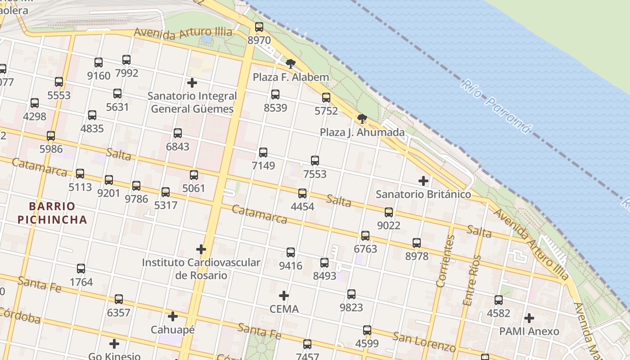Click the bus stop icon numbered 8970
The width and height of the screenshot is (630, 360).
[x=259, y=27]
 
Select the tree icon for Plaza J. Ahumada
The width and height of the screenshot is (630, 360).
[x=362, y=119]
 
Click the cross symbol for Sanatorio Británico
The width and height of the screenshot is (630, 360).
[x=423, y=181]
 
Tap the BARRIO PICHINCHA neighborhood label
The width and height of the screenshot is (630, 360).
[x=58, y=213]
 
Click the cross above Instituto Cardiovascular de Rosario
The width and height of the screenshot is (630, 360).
[x=201, y=249]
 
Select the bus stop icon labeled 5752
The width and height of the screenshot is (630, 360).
[x=326, y=98]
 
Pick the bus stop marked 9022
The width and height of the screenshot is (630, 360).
[x=389, y=212]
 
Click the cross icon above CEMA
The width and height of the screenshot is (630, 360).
[x=284, y=296]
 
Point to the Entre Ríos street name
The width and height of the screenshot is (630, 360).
[x=472, y=280]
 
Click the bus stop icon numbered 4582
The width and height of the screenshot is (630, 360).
[x=499, y=300]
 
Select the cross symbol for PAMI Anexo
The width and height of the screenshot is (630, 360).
[x=529, y=318]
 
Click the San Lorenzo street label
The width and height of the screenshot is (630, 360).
[x=424, y=342]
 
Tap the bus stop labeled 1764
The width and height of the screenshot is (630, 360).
[x=81, y=269]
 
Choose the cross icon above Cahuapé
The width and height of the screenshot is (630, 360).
[x=172, y=316]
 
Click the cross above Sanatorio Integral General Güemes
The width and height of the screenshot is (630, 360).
[x=192, y=83]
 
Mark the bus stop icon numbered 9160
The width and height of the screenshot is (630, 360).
[x=99, y=63]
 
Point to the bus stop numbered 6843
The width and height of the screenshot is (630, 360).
[x=178, y=133]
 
